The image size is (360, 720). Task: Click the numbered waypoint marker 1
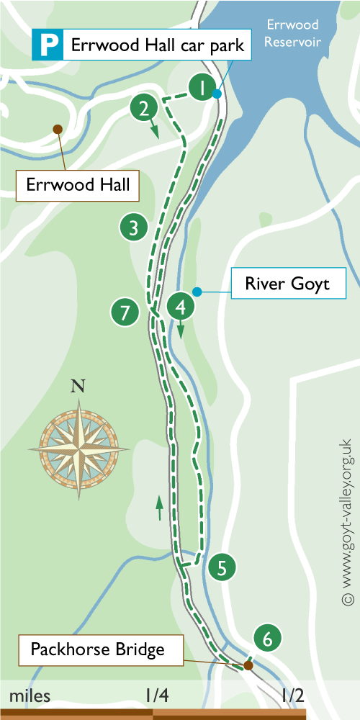204,89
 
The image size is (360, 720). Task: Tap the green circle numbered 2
144,109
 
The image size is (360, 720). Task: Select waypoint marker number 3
133,228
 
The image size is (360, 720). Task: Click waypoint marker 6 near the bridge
267,638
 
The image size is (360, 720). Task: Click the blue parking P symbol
48,47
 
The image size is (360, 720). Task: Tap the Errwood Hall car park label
157,47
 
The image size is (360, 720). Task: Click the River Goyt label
287,284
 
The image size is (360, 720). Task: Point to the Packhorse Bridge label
97,650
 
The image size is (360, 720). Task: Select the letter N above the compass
78,386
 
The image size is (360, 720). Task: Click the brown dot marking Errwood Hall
57,130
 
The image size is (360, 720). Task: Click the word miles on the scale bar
30,696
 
